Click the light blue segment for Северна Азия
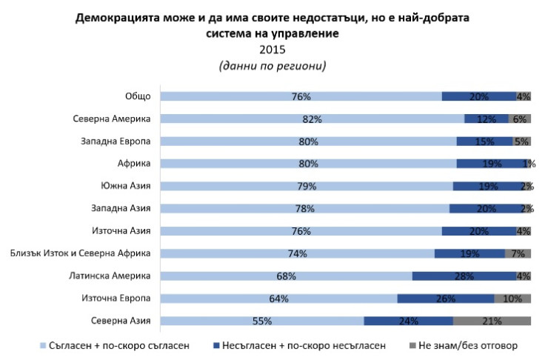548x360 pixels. click(262, 321)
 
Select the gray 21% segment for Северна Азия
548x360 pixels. click(492, 321)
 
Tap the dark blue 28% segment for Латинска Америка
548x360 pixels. click(464, 276)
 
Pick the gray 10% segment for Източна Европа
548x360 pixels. click(512, 299)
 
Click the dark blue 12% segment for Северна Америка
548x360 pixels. click(486, 119)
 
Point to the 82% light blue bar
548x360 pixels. click(313, 119)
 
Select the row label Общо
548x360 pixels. click(138, 96)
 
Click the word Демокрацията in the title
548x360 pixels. click(118, 17)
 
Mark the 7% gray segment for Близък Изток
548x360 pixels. click(518, 253)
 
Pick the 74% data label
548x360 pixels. click(297, 254)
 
